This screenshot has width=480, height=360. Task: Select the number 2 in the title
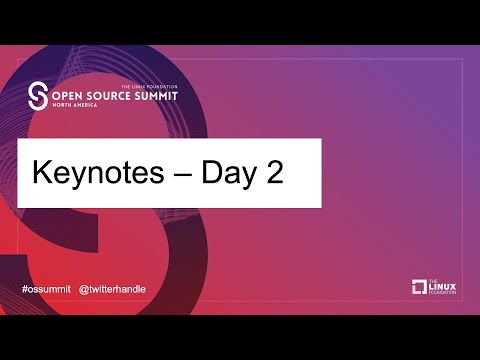(x=273, y=172)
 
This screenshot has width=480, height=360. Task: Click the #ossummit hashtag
(x=46, y=289)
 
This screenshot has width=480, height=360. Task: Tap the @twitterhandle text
(x=112, y=289)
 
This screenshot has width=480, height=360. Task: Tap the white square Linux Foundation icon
(x=419, y=287)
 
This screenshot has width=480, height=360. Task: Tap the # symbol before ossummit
(x=25, y=289)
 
